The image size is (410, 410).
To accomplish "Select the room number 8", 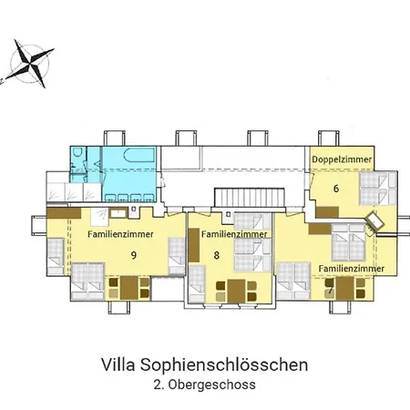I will pyautogui.click(x=217, y=256).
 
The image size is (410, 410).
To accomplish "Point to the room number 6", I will pyautogui.click(x=336, y=190).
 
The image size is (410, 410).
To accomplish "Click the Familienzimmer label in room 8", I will pyautogui.click(x=234, y=234).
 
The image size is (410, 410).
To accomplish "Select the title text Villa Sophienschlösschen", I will pyautogui.click(x=204, y=365).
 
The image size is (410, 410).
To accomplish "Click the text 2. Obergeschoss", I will pyautogui.click(x=204, y=385).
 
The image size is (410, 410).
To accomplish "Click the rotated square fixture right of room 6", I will pyautogui.click(x=374, y=220).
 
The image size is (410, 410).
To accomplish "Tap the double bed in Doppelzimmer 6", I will pyautogui.click(x=373, y=192).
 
